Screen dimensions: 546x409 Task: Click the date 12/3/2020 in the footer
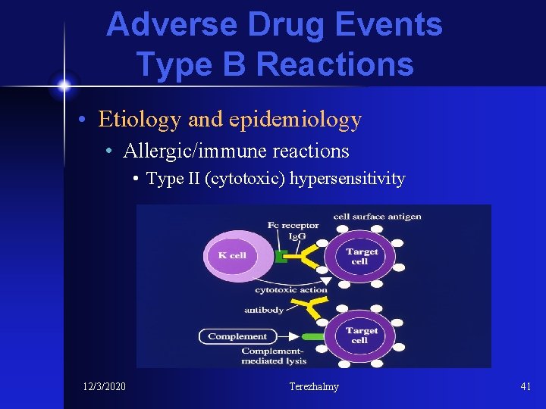point(104,387)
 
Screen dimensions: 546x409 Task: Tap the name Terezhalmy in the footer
point(314,387)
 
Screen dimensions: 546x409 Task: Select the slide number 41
point(526,387)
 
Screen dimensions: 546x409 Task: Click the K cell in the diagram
point(232,256)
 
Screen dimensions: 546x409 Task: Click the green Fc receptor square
point(281,256)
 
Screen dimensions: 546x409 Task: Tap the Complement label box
point(237,336)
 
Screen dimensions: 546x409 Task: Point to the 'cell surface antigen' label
point(377,217)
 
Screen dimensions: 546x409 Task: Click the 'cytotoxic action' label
point(291,290)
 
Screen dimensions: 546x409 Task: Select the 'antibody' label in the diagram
point(264,309)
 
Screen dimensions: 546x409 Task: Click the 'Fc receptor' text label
point(292,225)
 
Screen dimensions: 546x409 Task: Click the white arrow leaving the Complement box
point(285,336)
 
